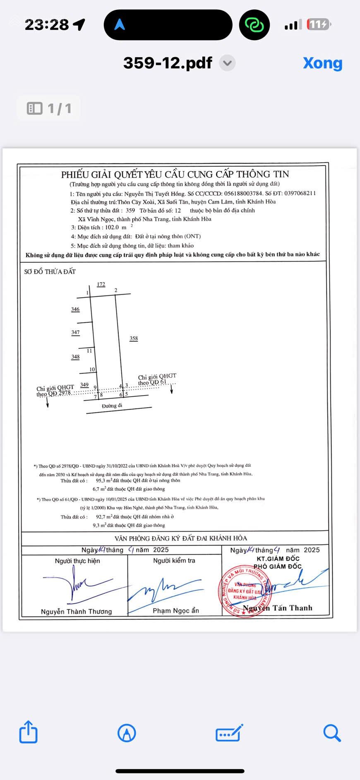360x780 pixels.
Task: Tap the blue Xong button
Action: coord(322,63)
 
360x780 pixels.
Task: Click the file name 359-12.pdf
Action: coord(168,63)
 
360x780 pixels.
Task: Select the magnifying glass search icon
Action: coord(332,733)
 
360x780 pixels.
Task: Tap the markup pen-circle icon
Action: coord(127,733)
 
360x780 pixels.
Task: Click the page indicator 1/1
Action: coord(49,108)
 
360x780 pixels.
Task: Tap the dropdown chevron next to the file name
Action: coord(227,63)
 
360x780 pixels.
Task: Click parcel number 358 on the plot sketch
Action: coord(134,338)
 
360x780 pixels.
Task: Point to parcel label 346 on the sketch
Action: coord(75,310)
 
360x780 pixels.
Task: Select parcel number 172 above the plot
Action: coord(101,284)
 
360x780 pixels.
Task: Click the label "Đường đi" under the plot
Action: coord(112,406)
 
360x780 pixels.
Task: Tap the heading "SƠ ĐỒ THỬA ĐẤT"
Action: coord(50,272)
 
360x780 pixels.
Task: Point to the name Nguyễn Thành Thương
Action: coord(76,612)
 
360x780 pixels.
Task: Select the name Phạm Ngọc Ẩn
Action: coord(176,611)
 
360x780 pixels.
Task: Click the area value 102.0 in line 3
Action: coord(112,228)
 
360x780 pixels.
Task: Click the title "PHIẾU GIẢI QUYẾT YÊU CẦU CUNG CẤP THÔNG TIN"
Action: coord(175,174)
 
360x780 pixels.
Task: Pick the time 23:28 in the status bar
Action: coord(47,25)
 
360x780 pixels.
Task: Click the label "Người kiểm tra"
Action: coord(174,561)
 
